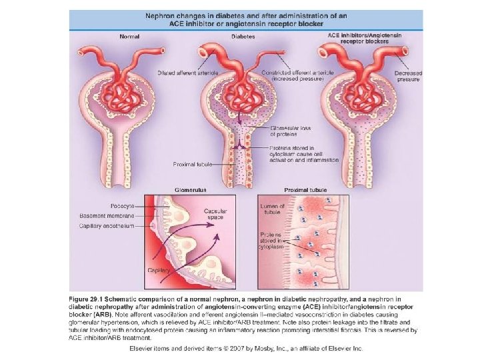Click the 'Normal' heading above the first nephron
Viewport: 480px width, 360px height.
click(129, 37)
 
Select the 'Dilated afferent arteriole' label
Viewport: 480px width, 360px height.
click(184, 73)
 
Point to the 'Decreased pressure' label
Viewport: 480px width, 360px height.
click(407, 75)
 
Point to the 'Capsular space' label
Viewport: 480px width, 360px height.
click(216, 215)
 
